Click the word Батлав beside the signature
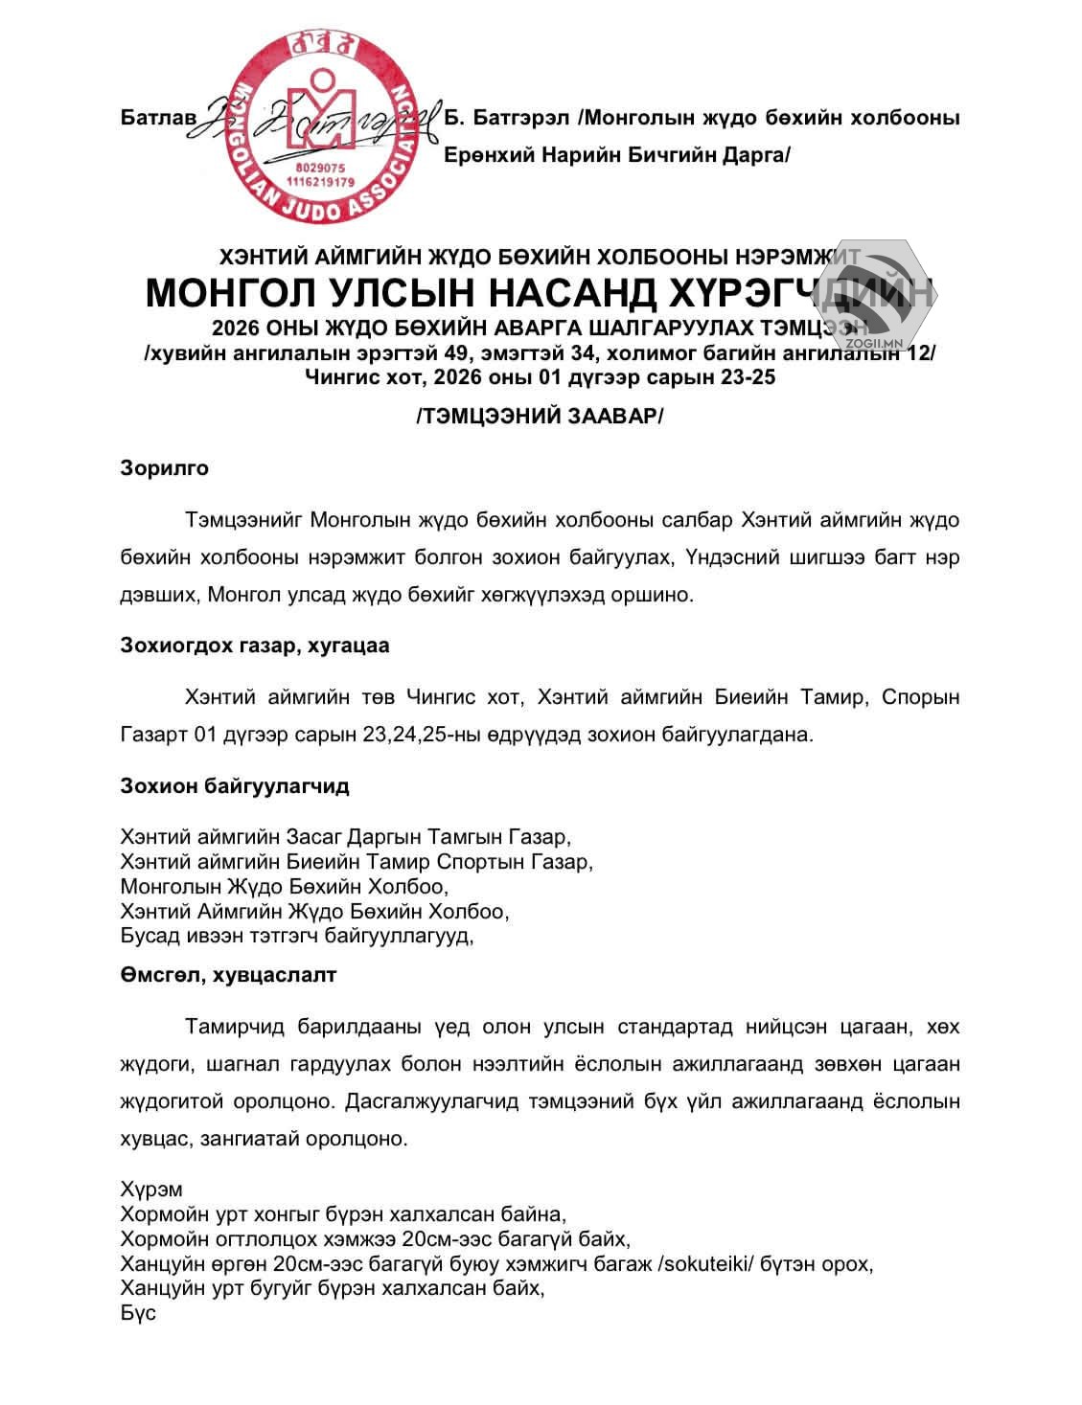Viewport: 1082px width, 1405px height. [158, 118]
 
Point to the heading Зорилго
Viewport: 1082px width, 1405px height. [164, 468]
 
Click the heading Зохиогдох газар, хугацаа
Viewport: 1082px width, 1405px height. [255, 646]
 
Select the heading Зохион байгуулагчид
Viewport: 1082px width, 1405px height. [235, 786]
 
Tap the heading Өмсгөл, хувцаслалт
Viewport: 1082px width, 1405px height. [228, 975]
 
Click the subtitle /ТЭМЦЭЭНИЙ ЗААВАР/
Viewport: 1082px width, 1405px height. [541, 418]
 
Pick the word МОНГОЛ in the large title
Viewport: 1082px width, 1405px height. [236, 292]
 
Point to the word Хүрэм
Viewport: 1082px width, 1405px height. [151, 1190]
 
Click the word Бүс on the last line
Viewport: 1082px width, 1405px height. [138, 1313]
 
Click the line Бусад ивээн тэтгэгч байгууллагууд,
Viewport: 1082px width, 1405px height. [298, 936]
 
